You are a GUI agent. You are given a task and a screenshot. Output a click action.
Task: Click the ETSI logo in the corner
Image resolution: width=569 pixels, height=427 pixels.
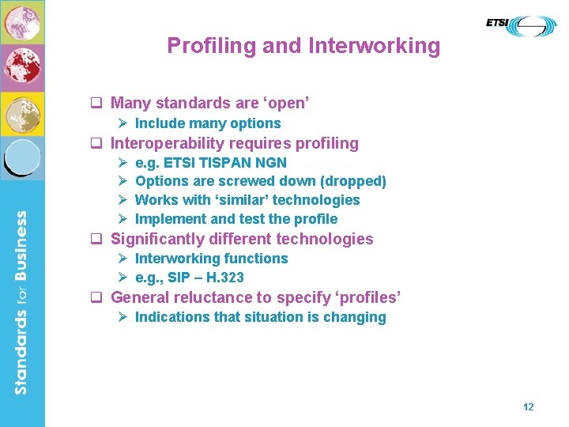(521, 25)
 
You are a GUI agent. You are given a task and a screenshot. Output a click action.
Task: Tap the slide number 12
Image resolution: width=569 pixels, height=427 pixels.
(529, 406)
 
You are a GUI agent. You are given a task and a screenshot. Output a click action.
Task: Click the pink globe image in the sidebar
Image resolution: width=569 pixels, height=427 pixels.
(22, 22)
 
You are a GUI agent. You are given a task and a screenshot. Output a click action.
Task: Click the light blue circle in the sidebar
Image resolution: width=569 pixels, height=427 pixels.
(22, 157)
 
